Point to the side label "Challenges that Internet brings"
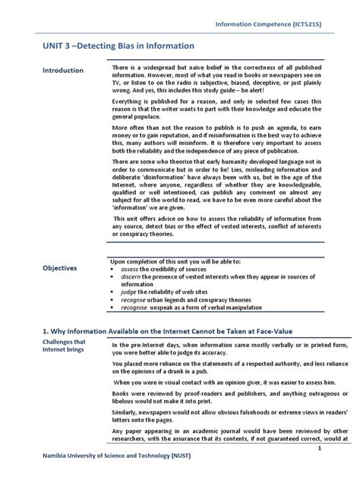43,346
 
